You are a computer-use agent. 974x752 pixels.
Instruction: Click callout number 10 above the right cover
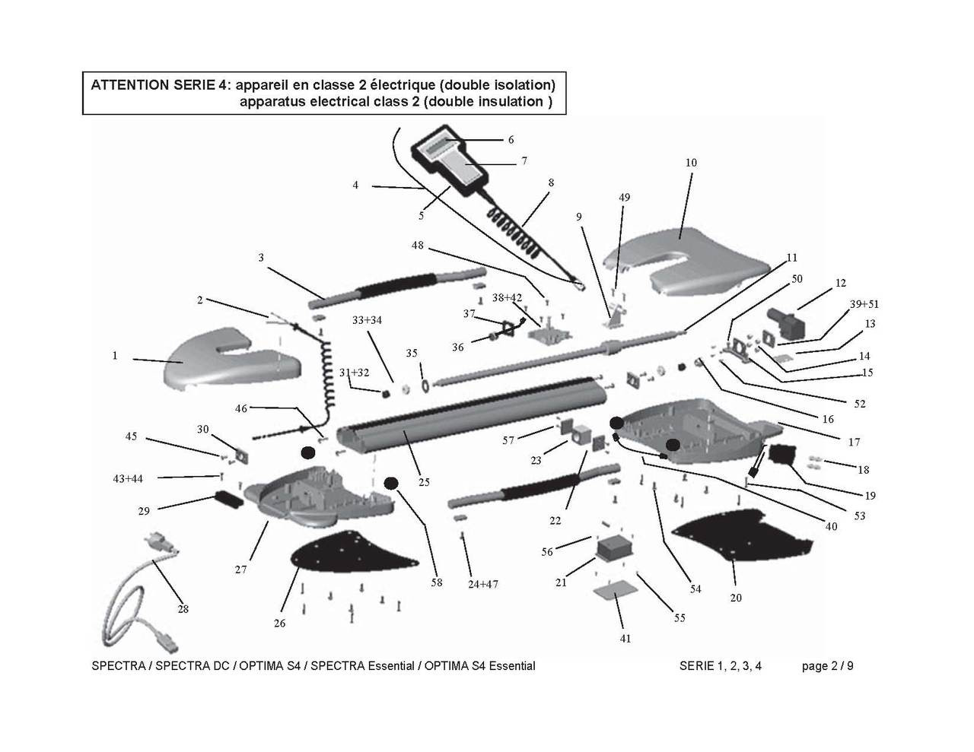pyautogui.click(x=691, y=163)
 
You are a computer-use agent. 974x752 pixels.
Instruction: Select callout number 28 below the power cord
pyautogui.click(x=183, y=609)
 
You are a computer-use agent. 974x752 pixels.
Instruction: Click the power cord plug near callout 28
pyautogui.click(x=157, y=541)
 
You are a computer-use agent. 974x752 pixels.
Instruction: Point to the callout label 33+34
pyautogui.click(x=367, y=320)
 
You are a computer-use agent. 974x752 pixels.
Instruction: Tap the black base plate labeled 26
pyautogui.click(x=350, y=554)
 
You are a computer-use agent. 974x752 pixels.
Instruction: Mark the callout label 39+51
pyautogui.click(x=864, y=304)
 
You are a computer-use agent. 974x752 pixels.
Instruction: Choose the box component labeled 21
pyautogui.click(x=615, y=547)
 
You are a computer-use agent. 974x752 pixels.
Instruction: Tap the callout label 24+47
pyautogui.click(x=482, y=584)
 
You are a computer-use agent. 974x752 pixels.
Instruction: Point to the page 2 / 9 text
pyautogui.click(x=827, y=666)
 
